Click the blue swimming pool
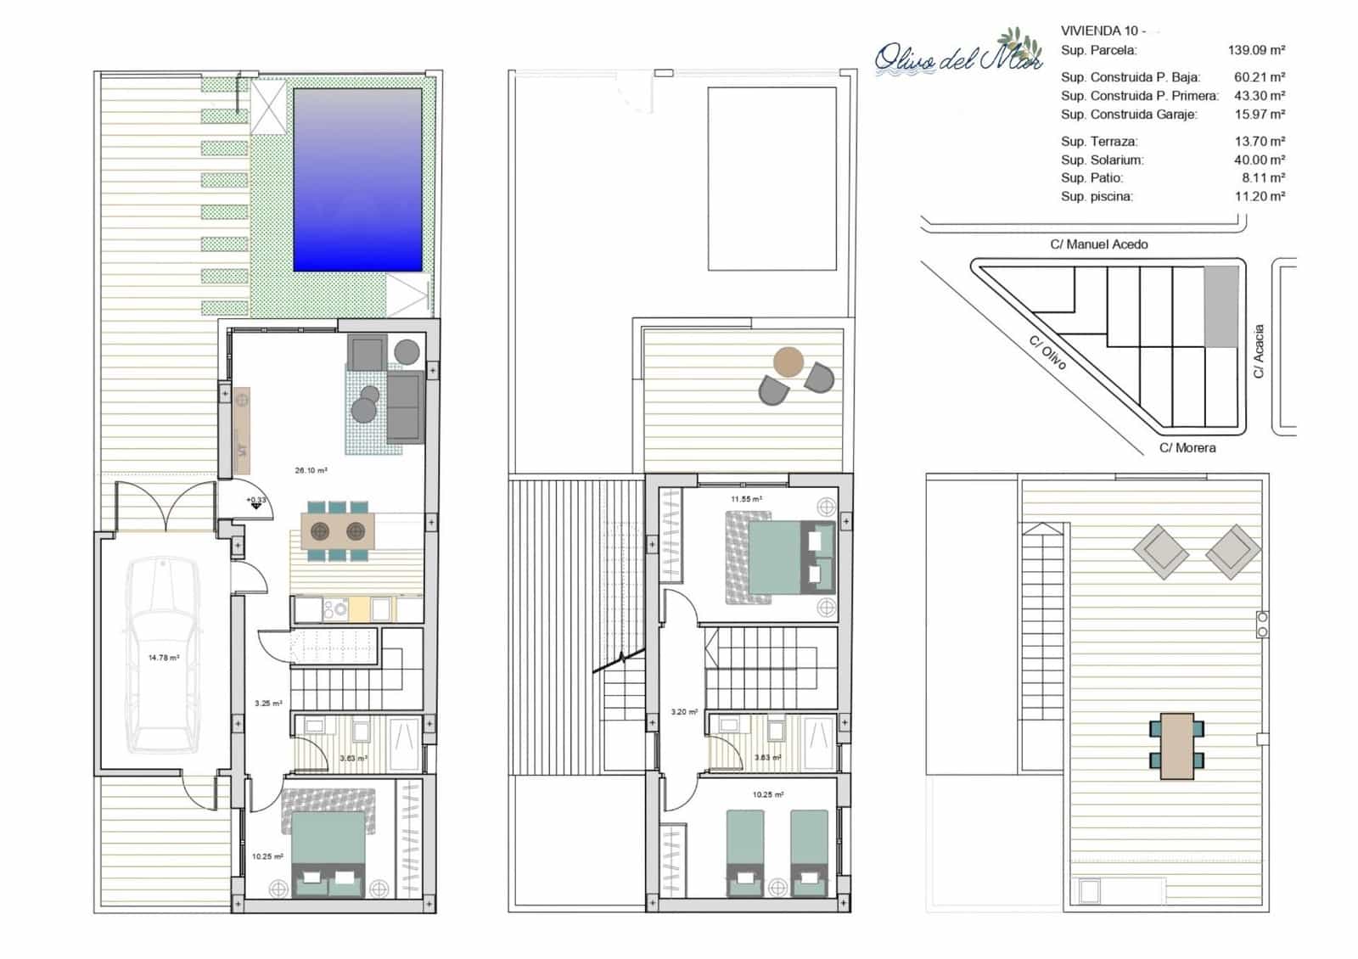(357, 180)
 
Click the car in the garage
(163, 655)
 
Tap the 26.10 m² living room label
(311, 470)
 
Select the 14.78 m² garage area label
(163, 658)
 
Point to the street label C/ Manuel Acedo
(1098, 244)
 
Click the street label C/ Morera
(1187, 448)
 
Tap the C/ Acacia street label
(1259, 351)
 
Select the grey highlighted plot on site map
(1221, 306)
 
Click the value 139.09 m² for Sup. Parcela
(1256, 51)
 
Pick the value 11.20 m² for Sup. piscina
(1260, 197)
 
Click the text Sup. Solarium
(1102, 160)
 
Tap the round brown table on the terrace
(788, 362)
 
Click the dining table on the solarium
(1176, 746)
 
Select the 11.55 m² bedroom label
(746, 500)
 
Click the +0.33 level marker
(255, 501)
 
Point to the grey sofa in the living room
(406, 407)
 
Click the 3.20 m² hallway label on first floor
(683, 712)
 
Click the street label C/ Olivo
(1047, 352)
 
